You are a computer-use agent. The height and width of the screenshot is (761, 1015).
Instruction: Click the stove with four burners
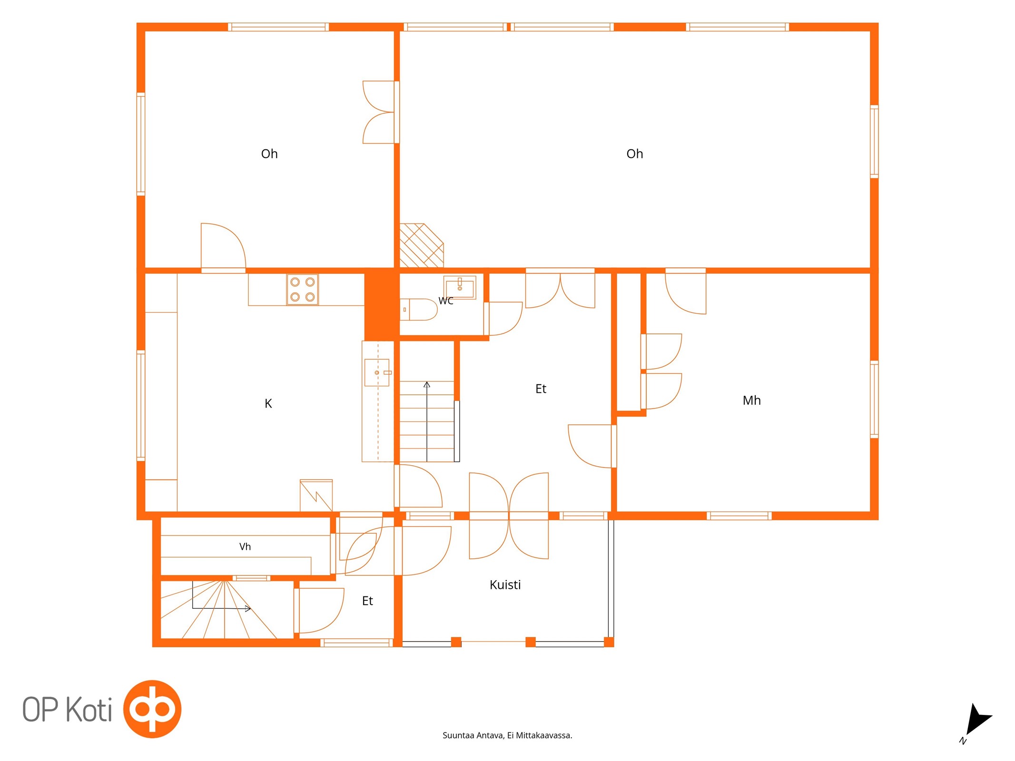tap(302, 289)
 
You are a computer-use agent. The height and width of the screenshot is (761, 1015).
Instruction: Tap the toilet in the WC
tap(418, 309)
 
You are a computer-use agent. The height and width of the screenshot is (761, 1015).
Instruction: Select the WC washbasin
tap(460, 287)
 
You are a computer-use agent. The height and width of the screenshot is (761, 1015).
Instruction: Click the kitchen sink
tap(377, 372)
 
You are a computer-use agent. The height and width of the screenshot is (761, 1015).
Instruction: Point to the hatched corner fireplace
tap(421, 245)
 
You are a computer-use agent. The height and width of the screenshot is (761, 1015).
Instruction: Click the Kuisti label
tap(505, 585)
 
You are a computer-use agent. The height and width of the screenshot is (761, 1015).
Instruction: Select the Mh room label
tap(751, 400)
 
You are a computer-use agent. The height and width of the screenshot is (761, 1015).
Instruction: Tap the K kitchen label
tap(268, 404)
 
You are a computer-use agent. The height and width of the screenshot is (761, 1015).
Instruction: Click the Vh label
tap(245, 546)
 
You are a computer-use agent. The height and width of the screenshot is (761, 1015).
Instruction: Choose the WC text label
tap(446, 301)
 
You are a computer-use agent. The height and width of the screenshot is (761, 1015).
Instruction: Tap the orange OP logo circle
tap(152, 709)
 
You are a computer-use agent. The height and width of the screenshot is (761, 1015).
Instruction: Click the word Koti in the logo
tap(89, 710)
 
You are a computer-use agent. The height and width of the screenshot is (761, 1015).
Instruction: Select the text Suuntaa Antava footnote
tap(507, 735)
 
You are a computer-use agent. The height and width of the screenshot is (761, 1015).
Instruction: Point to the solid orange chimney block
tap(382, 304)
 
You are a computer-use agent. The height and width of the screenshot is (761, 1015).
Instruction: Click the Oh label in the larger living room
tap(634, 154)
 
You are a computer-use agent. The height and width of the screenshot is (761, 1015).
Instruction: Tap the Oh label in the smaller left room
tap(269, 154)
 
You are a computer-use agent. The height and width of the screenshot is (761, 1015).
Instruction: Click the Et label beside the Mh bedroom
tap(541, 389)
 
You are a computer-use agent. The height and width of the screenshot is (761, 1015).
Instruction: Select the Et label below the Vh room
tap(367, 601)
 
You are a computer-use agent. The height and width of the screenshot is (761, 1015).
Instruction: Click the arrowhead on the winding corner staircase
tap(248, 608)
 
